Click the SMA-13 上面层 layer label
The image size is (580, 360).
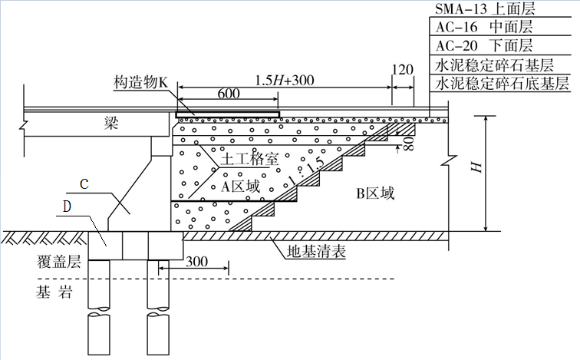pyautogui.click(x=485, y=8)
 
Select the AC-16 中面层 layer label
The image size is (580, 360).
pyautogui.click(x=484, y=27)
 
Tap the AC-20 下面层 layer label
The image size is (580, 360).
pyautogui.click(x=484, y=45)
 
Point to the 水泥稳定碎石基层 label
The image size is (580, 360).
pyautogui.click(x=494, y=65)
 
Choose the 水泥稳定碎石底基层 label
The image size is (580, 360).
pyautogui.click(x=502, y=83)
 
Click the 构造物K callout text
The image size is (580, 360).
pyautogui.click(x=140, y=82)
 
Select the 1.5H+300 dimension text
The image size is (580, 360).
pyautogui.click(x=285, y=80)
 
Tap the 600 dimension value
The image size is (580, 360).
pyautogui.click(x=229, y=94)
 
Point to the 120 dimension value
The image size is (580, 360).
pyautogui.click(x=402, y=70)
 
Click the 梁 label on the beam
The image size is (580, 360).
pyautogui.click(x=111, y=123)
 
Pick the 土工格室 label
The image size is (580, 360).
pyautogui.click(x=249, y=160)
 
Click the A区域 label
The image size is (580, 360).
pyautogui.click(x=240, y=186)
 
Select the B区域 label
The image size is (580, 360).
pyautogui.click(x=375, y=193)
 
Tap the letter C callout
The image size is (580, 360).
pyautogui.click(x=84, y=183)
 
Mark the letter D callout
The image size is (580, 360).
pyautogui.click(x=67, y=206)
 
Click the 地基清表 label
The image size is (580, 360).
pyautogui.click(x=317, y=252)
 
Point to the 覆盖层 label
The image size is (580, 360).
pyautogui.click(x=59, y=262)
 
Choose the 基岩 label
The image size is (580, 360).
pyautogui.click(x=54, y=292)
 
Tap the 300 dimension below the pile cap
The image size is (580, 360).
pyautogui.click(x=196, y=261)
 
